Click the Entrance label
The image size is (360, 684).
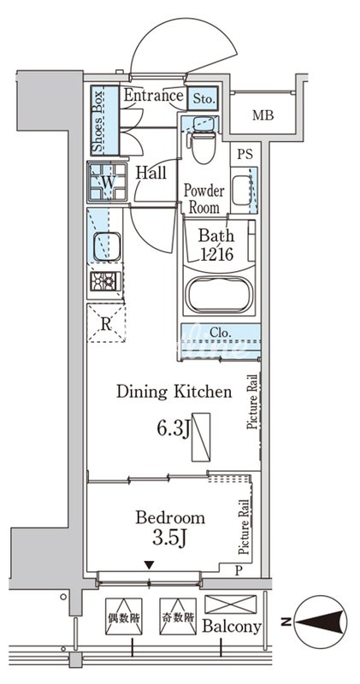153,95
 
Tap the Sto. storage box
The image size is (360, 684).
204,98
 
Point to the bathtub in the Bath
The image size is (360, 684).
220,295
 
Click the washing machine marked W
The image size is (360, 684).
108,182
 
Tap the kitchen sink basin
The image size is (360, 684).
107,246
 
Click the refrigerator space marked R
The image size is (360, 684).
106,323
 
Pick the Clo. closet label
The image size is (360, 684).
221,333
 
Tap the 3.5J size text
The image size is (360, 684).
170,538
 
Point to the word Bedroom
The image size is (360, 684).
170,518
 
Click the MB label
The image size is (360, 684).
263,115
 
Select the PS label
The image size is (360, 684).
245,154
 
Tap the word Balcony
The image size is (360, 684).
232,627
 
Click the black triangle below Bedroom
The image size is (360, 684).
150,565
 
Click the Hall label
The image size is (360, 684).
151,173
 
